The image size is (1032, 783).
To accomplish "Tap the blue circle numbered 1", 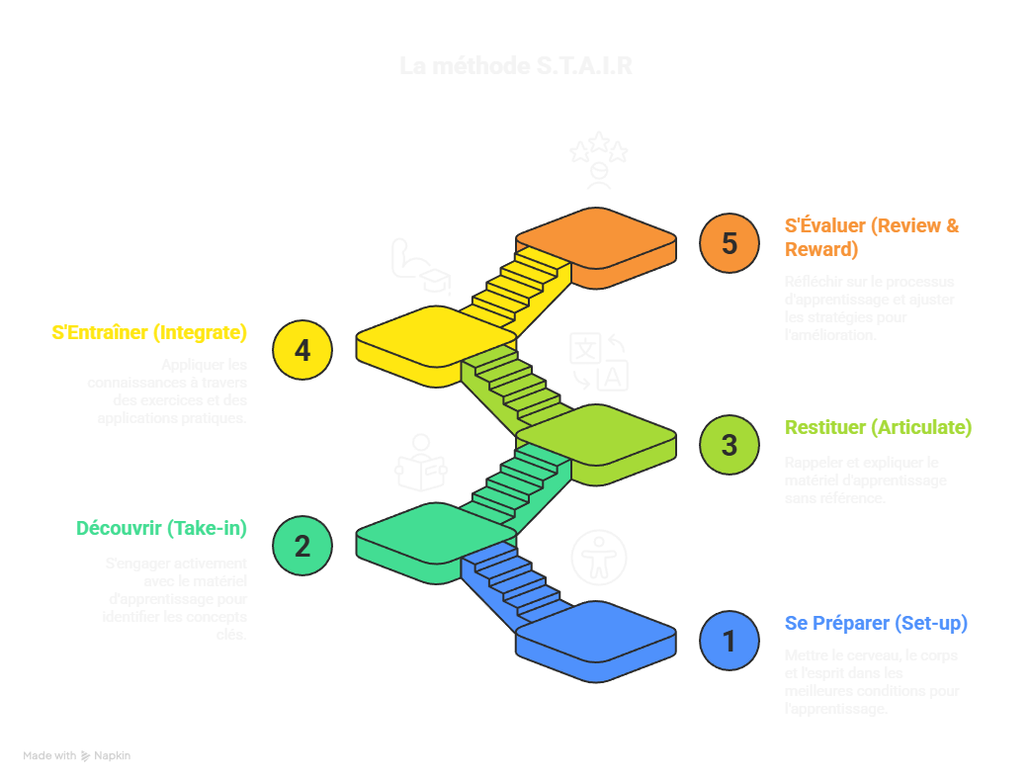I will tap(729, 641).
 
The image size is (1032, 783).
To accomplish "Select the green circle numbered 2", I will tap(302, 545).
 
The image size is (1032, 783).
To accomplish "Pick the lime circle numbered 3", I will tap(729, 445).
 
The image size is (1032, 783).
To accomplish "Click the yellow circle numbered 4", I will tap(302, 350).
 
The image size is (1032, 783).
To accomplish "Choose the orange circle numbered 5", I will tap(729, 243).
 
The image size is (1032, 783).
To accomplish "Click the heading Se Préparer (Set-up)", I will tap(876, 624).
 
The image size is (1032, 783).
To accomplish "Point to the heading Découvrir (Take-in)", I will tap(161, 529).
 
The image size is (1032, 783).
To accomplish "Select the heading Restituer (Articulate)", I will tap(878, 428).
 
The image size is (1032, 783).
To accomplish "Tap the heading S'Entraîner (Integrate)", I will tap(149, 332).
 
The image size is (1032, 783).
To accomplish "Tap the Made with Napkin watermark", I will tap(77, 756).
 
